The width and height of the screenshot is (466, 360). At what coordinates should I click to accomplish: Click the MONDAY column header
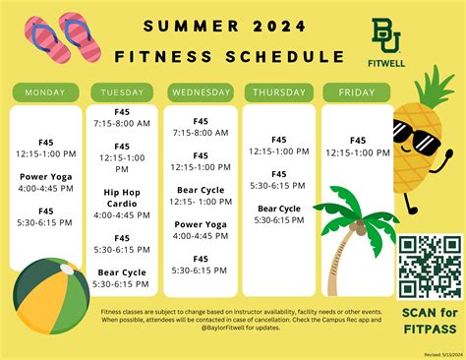[x=46, y=92]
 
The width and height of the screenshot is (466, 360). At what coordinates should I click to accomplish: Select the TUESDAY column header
[x=122, y=92]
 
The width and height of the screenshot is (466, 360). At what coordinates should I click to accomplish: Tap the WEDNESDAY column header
[x=201, y=92]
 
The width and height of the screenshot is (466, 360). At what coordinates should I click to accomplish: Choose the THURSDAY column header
[x=279, y=92]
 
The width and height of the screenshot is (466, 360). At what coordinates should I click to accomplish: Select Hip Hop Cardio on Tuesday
[x=122, y=198]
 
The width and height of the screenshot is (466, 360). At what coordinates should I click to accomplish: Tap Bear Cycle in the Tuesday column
[x=122, y=271]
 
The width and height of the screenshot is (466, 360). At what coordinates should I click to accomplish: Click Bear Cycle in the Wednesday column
[x=201, y=190]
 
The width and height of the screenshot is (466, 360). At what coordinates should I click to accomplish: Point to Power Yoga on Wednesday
[x=201, y=224]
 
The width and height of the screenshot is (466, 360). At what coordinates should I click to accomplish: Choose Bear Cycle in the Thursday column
[x=279, y=209]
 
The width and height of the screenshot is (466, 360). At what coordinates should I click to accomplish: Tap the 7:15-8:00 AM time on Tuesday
[x=122, y=124]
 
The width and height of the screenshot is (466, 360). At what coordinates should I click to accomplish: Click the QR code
[x=430, y=266]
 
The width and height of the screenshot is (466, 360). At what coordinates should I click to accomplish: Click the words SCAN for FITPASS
[x=430, y=321]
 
